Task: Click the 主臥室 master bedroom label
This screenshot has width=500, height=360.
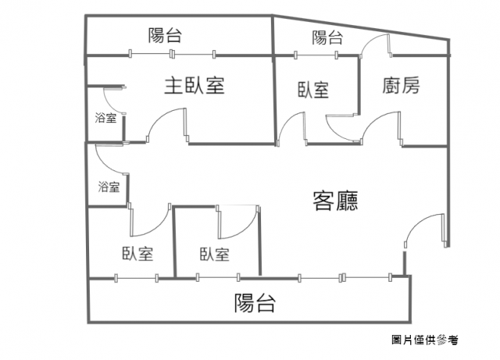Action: pyautogui.click(x=195, y=85)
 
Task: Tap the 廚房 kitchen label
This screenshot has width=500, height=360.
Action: pyautogui.click(x=401, y=85)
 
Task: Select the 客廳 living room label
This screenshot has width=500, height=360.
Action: pyautogui.click(x=335, y=201)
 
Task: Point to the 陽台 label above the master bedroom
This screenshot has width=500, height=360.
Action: pyautogui.click(x=165, y=35)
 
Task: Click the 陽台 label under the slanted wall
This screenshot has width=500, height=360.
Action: pyautogui.click(x=327, y=37)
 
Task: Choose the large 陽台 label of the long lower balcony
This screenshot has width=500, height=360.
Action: pyautogui.click(x=255, y=303)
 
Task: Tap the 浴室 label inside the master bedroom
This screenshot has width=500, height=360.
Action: pyautogui.click(x=105, y=118)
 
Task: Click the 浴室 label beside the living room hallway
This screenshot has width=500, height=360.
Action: pyautogui.click(x=109, y=187)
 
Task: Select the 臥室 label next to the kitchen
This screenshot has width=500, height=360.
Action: pyautogui.click(x=313, y=90)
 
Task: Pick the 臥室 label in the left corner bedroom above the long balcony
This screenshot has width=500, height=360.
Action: pyautogui.click(x=137, y=254)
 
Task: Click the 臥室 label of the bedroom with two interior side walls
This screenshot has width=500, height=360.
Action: pyautogui.click(x=215, y=254)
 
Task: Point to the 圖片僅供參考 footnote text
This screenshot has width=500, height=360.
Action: pyautogui.click(x=425, y=340)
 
